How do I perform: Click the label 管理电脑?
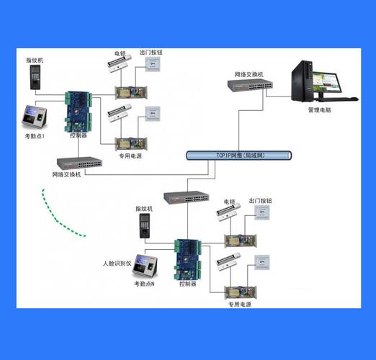point(320,110)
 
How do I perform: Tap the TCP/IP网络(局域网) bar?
point(239,156)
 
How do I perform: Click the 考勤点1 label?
point(35,136)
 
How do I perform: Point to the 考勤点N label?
point(144,284)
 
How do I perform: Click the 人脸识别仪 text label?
point(117,264)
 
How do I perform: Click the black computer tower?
point(302,81)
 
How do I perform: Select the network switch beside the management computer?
point(250,86)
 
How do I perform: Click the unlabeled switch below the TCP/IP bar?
point(187,197)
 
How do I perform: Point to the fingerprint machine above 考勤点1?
point(35,77)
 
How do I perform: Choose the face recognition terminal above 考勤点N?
point(146,266)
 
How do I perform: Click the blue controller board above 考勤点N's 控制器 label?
point(188,260)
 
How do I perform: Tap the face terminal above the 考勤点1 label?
point(35,117)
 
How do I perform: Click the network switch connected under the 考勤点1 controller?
point(79,163)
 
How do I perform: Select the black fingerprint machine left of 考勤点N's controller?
point(145,225)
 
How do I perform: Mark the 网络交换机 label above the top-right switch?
point(249,74)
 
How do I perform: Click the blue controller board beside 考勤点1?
point(79,112)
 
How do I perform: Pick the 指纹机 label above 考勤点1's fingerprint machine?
point(35,60)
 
